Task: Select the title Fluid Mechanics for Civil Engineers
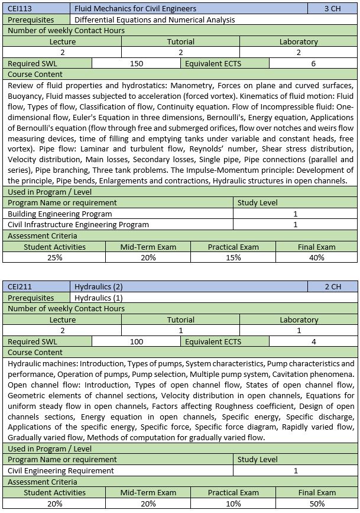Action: click(x=135, y=9)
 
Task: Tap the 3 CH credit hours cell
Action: click(x=333, y=9)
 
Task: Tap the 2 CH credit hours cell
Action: click(x=333, y=287)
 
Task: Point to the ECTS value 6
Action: click(x=313, y=64)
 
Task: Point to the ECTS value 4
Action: click(x=313, y=342)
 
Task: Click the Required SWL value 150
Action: click(x=137, y=64)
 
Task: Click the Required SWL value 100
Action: click(x=137, y=342)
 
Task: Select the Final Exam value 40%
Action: click(x=316, y=257)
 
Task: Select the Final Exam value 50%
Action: click(x=316, y=503)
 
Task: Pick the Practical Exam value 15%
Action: click(x=233, y=257)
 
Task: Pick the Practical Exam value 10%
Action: click(x=233, y=503)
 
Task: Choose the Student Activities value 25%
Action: click(x=54, y=257)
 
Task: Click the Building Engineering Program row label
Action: click(x=60, y=214)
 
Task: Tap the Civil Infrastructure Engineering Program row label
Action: click(x=78, y=225)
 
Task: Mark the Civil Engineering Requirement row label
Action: click(x=61, y=470)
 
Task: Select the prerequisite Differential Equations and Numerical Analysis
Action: click(x=155, y=20)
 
